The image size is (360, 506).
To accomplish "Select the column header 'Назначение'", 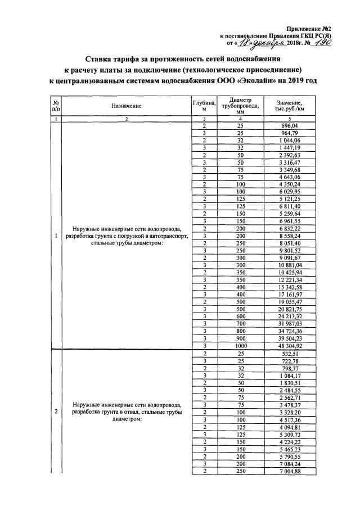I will coord(126,106).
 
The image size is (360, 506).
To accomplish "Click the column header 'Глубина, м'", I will coord(204,106).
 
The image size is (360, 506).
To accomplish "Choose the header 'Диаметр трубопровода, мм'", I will coord(240,106).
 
